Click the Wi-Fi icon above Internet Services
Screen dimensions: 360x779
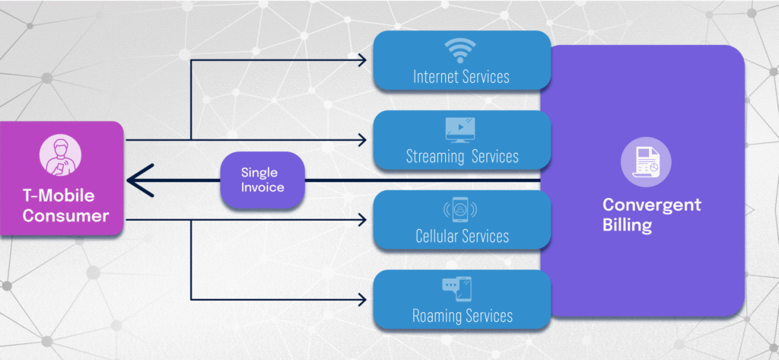[x=461, y=50]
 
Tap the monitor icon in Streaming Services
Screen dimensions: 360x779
[x=461, y=130]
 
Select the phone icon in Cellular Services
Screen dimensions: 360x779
[x=461, y=209]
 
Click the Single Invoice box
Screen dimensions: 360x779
[x=262, y=181]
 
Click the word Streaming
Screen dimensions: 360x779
[x=435, y=158]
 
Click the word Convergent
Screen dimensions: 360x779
[x=652, y=205]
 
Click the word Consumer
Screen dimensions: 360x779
[x=65, y=216]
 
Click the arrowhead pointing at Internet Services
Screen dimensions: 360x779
[x=364, y=59]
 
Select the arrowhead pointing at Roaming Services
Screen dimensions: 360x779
[x=364, y=298]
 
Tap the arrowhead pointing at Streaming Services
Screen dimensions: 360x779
[x=364, y=140]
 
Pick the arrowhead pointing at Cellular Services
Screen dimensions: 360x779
[x=364, y=221]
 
